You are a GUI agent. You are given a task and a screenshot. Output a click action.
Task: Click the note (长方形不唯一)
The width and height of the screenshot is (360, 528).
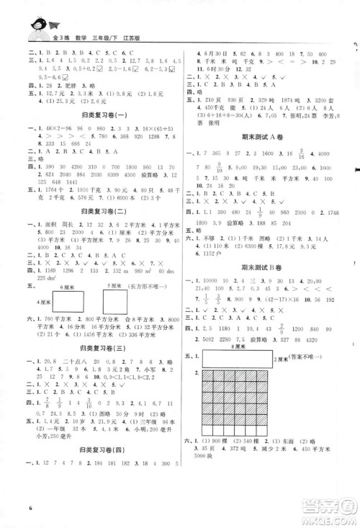(x=154, y=296)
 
